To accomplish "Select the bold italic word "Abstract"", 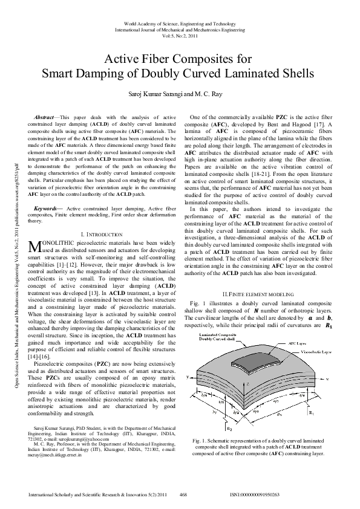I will (44, 115).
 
